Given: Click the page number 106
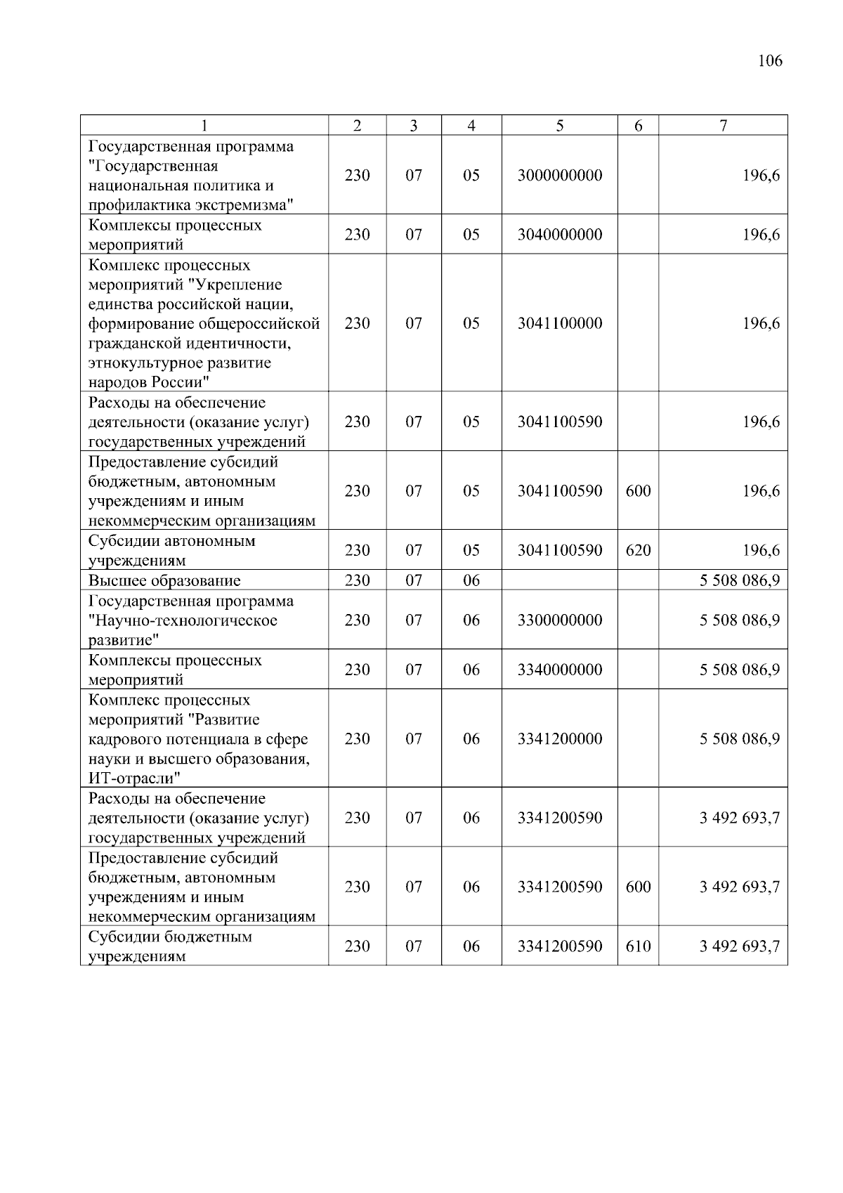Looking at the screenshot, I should [x=770, y=60].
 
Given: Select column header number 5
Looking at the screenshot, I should [x=559, y=126].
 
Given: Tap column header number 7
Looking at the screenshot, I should [x=723, y=126].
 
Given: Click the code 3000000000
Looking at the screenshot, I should [x=559, y=176].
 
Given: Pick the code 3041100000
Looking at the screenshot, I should [x=559, y=323].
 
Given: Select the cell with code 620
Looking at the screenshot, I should [x=638, y=550].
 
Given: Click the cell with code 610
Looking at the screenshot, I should [x=638, y=946].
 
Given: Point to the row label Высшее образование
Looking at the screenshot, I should [x=164, y=581].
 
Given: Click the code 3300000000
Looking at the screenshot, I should [x=559, y=620].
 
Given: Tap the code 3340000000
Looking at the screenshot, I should [x=559, y=670].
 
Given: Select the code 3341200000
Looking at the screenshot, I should [x=559, y=738].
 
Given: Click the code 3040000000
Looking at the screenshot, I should [x=559, y=235].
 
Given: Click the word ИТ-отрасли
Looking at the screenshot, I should [x=133, y=778].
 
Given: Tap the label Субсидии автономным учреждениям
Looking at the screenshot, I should [x=171, y=551].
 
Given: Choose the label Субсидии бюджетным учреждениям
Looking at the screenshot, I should [x=169, y=946].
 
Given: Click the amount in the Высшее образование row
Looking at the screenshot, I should [x=739, y=581].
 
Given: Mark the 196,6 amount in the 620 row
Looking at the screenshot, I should [x=761, y=550].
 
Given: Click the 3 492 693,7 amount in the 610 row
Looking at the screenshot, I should [x=739, y=946].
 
